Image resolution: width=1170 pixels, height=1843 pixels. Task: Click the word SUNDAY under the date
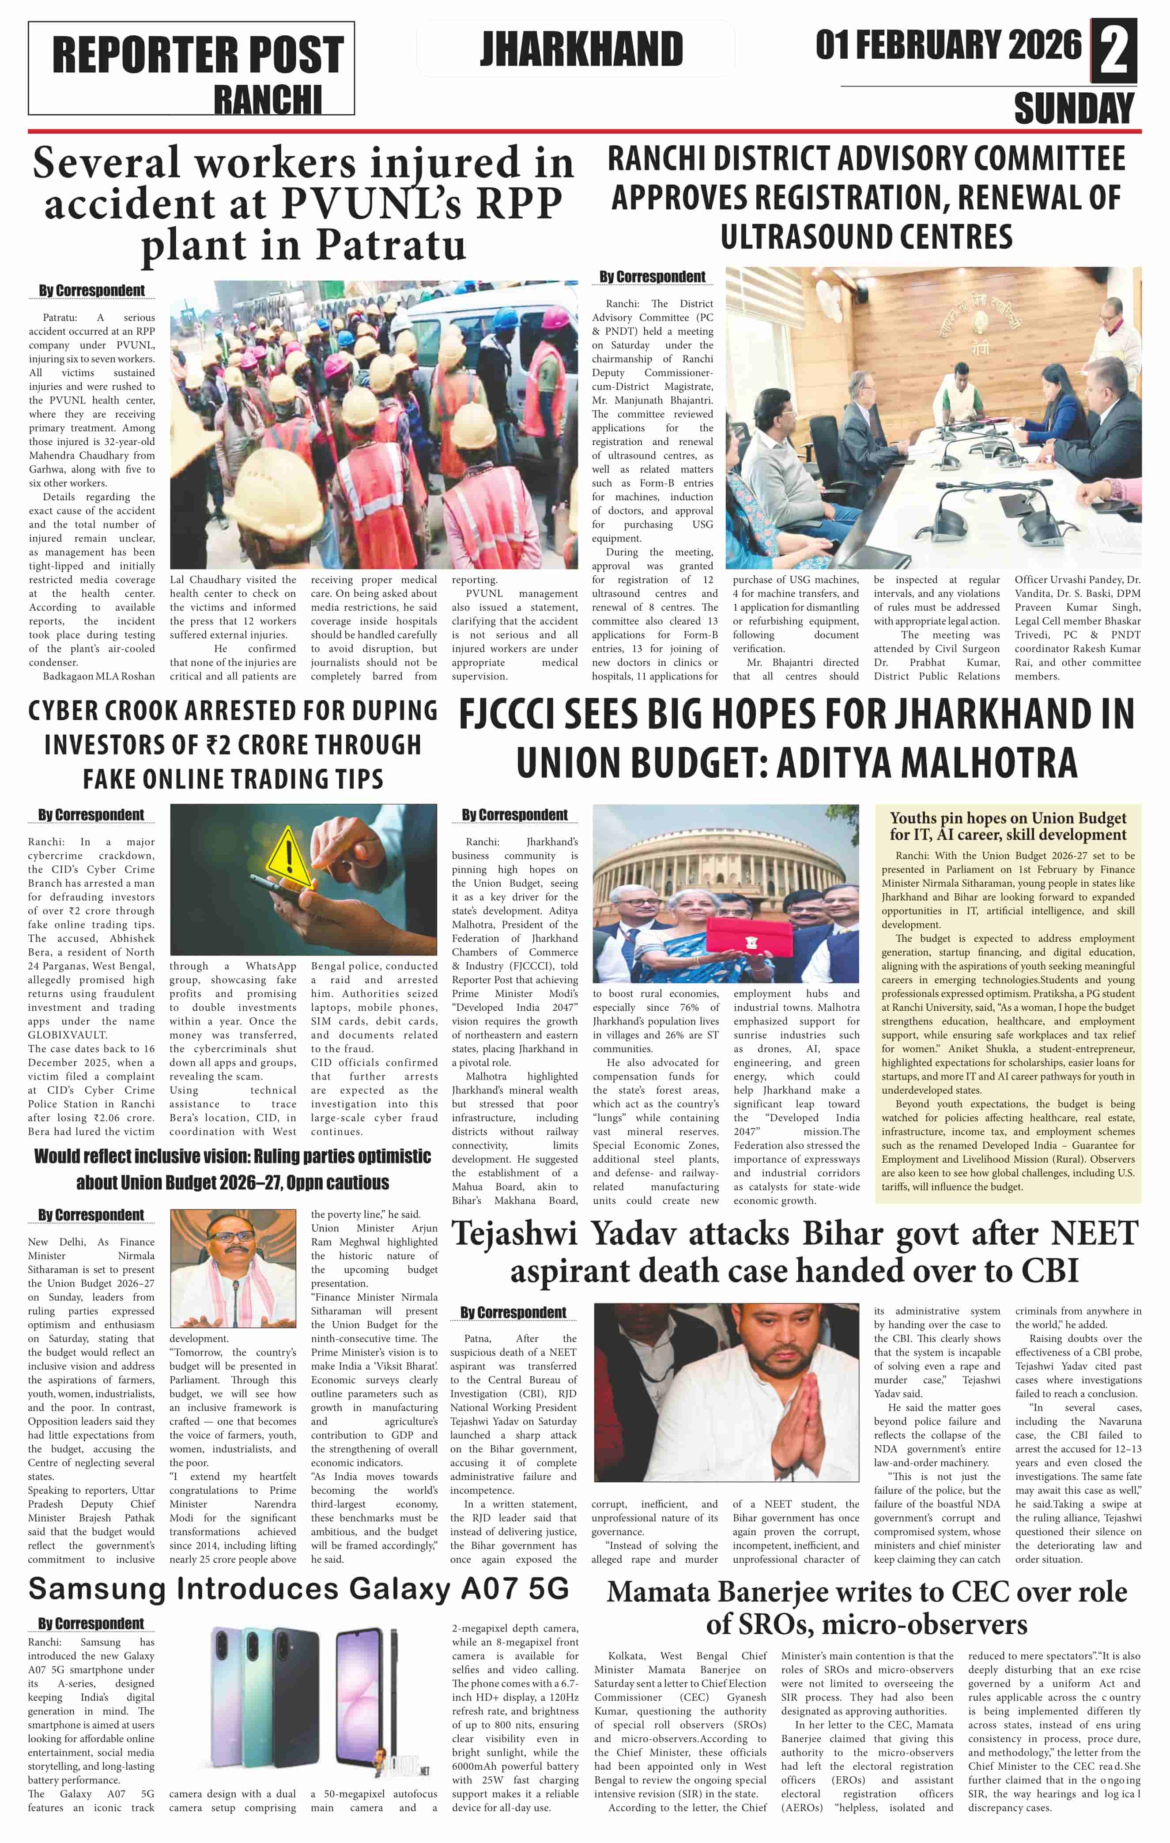pyautogui.click(x=1074, y=108)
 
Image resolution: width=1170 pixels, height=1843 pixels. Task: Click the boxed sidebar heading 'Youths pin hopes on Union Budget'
pyautogui.click(x=1008, y=826)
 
